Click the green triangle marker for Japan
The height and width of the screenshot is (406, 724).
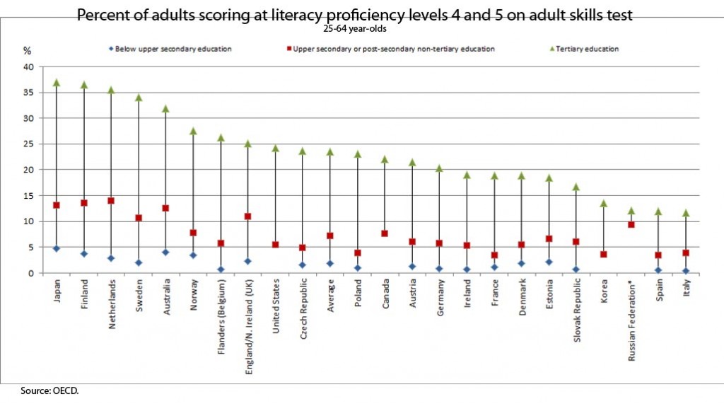pos(57,83)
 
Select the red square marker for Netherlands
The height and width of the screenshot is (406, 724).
pos(110,201)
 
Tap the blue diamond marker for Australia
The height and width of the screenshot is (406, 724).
pos(165,252)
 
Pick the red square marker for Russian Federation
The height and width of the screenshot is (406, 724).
pos(631,224)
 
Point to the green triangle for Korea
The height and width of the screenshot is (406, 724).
pos(604,203)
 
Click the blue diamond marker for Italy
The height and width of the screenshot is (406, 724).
pos(686,271)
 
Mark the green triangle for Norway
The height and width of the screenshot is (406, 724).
pos(193,131)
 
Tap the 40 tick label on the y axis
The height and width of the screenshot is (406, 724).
pos(28,67)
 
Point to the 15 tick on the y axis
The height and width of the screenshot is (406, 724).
pos(28,196)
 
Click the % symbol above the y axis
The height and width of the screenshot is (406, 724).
pos(28,51)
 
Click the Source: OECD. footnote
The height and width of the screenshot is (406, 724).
pos(45,390)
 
